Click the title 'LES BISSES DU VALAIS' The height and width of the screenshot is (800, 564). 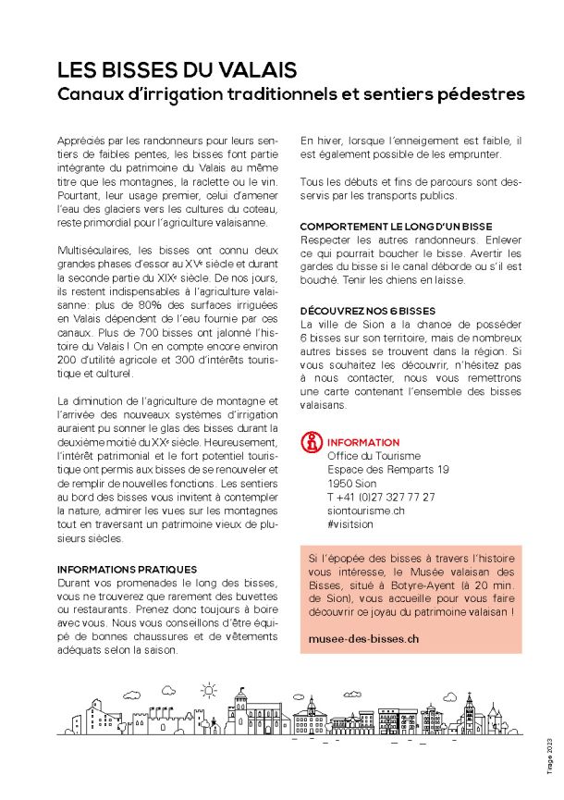point(177,70)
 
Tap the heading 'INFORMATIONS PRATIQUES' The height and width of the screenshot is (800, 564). point(128,569)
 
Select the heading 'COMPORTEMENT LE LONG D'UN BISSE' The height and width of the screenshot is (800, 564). point(396,226)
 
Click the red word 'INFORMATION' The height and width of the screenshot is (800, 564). point(363,443)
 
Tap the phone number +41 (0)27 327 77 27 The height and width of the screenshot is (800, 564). point(380,497)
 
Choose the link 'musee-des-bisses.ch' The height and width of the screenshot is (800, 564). point(364,638)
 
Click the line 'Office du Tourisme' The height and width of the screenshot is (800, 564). point(374,456)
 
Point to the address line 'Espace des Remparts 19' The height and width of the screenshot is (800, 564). point(388,470)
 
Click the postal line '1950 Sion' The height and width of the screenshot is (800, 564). point(352,483)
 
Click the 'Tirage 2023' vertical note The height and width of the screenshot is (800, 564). point(547,755)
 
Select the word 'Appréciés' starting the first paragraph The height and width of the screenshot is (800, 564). point(81,139)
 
